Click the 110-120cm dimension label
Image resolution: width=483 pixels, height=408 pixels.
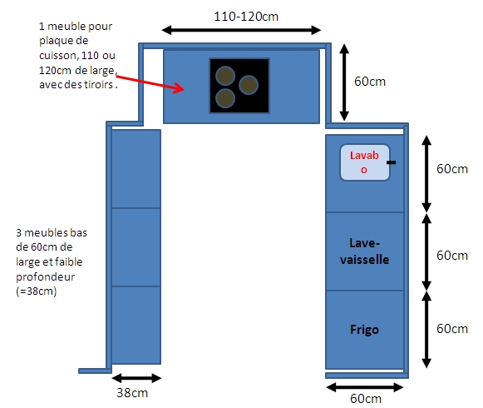246,17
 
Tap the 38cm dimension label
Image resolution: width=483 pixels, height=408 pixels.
132,393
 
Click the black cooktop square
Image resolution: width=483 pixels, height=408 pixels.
239,86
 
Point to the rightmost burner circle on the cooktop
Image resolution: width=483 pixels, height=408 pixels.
249,85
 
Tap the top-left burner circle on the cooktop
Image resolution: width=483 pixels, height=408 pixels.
225,76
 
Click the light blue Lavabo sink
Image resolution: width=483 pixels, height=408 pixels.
365,162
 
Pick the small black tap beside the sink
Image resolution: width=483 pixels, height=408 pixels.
392,162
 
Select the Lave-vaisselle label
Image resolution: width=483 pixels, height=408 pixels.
364,251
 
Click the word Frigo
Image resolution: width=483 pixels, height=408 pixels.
364,330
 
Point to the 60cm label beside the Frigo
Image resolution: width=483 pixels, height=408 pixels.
452,329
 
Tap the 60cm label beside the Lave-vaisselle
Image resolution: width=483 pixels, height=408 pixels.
452,256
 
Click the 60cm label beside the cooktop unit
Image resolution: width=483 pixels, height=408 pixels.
370,82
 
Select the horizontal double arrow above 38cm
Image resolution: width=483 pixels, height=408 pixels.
136,378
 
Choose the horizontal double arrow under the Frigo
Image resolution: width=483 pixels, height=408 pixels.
365,387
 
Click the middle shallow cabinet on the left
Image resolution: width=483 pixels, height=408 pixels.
136,247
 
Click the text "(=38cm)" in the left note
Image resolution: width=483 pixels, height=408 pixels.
37,291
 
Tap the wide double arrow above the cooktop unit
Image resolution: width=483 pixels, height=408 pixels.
241,30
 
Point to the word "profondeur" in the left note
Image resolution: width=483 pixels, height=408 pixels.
45,276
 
